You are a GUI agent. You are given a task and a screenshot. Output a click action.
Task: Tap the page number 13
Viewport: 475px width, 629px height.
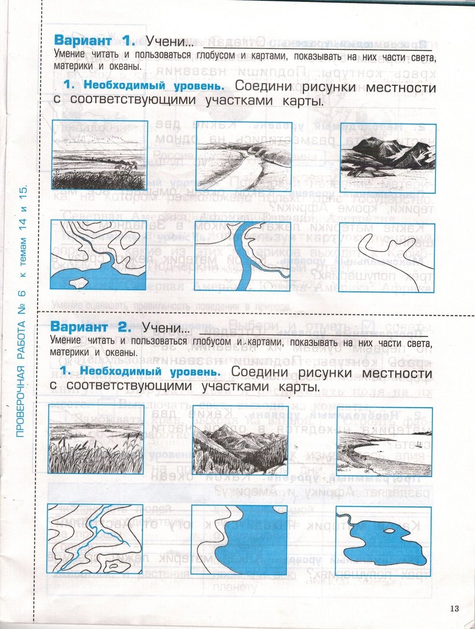pos(454,609)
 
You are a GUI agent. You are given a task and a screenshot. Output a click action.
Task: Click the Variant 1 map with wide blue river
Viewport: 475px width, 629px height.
pos(244,256)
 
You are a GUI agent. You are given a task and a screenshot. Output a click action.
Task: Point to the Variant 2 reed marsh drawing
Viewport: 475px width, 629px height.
pos(95,440)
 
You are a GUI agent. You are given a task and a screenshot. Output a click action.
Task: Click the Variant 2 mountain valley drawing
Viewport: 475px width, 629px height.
pos(240,440)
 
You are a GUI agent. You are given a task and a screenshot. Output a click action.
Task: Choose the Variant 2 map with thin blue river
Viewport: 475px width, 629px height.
pos(95,539)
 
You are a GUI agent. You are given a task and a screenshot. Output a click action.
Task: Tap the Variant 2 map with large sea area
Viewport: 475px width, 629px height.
pos(240,540)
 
